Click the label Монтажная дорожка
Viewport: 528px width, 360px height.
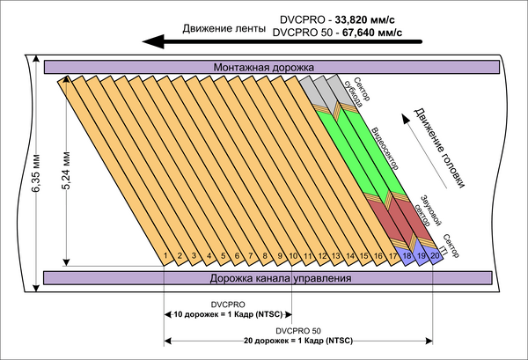click(264, 67)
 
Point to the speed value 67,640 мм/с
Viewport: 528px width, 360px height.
click(371, 33)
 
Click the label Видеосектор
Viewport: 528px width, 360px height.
click(385, 151)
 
